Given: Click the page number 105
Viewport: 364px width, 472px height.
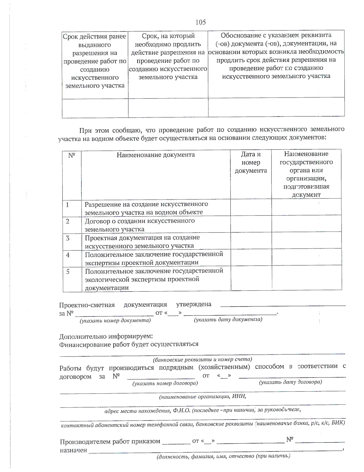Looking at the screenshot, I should point(201,22).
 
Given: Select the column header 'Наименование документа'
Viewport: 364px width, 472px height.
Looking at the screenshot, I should point(156,155).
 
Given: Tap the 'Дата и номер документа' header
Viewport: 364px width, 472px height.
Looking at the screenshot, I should point(251,163).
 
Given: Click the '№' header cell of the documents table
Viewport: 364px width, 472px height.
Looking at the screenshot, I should point(72,156).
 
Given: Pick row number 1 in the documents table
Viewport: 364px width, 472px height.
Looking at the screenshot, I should point(68,205).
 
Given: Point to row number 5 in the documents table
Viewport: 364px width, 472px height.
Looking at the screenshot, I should point(68,271).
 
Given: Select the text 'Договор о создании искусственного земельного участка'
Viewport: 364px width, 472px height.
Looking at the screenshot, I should point(140,225).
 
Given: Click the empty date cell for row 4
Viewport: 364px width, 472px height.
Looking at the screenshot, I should point(251,258).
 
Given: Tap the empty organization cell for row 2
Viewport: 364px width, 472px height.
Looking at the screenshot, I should point(306,225).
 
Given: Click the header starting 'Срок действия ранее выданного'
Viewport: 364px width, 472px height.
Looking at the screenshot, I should point(95,61).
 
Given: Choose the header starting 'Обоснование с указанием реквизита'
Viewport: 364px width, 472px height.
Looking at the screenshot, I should point(276,56).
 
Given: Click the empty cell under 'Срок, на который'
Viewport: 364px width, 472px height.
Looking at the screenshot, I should point(168,108).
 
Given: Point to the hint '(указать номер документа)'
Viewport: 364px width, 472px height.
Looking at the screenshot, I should point(115,320).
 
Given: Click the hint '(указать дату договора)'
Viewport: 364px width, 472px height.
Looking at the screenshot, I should point(290,382).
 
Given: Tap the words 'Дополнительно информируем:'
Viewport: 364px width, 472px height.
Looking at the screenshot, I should point(106,336).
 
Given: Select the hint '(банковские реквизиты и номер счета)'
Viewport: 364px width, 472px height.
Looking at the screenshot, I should point(202,360).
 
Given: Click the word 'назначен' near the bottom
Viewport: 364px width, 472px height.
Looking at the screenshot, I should point(73,450).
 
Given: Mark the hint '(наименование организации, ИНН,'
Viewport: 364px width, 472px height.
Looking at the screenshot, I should point(202,397).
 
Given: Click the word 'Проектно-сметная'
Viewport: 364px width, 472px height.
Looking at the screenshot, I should point(87,305).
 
